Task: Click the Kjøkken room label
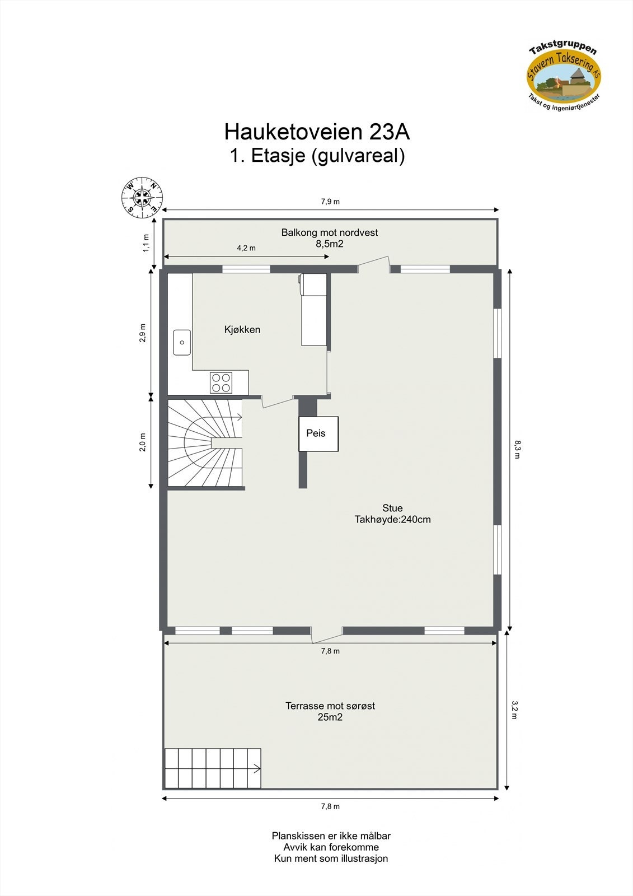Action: pos(242,330)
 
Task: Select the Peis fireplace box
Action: pos(318,433)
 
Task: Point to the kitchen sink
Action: pos(182,342)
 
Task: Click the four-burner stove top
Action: pos(221,382)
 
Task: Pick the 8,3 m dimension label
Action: pos(517,449)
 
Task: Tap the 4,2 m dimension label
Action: pos(246,248)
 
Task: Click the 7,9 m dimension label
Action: pos(330,202)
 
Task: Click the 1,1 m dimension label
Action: pos(147,242)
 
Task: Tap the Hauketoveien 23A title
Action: pos(317,132)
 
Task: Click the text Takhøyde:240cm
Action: pos(392,520)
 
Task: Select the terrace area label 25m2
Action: pos(330,717)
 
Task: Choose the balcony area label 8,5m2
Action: pos(330,244)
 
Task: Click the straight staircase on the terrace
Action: pos(213,768)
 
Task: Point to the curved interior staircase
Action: pos(205,443)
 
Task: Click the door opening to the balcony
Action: pos(373,265)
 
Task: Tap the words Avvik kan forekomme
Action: pos(331,847)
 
